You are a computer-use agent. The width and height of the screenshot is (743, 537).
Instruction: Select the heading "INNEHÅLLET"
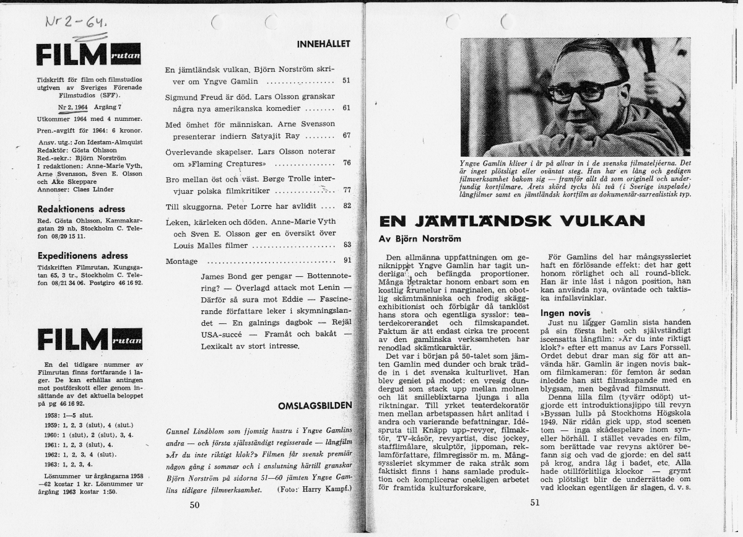click(x=324, y=44)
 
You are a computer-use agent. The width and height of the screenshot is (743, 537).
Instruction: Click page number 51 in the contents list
click(x=346, y=81)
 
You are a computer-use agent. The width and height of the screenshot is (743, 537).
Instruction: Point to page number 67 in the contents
click(x=346, y=135)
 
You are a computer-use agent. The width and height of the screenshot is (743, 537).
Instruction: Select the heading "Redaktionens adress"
click(x=82, y=209)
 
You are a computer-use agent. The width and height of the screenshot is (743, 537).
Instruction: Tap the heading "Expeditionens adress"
click(x=83, y=255)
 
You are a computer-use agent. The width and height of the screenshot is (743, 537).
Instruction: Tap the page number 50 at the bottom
click(x=195, y=505)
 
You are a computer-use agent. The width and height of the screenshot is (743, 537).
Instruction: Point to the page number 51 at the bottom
click(x=536, y=503)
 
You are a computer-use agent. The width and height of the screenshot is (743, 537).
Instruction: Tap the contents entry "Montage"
click(x=181, y=261)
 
